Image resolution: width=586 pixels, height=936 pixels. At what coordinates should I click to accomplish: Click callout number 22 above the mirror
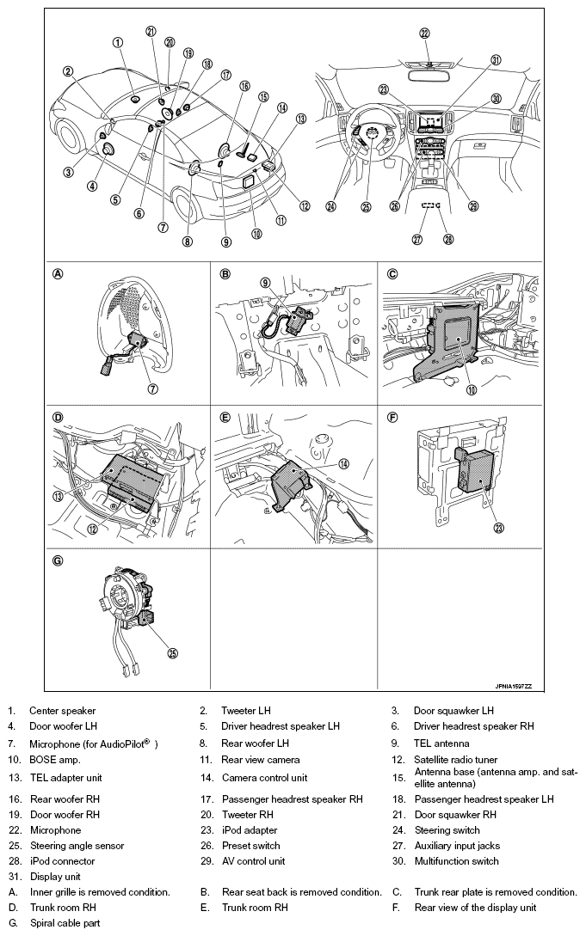point(424,34)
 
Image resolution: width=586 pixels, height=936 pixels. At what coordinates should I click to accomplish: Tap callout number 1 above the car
point(117,42)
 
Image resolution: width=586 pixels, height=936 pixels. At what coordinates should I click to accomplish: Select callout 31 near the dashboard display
point(496,60)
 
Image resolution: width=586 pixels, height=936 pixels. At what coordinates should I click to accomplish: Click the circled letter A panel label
point(59,275)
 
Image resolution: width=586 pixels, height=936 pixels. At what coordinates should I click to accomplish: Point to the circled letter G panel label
point(59,561)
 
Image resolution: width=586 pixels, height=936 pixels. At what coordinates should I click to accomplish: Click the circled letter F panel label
point(392,418)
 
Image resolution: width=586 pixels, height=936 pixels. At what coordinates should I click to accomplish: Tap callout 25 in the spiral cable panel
point(172,653)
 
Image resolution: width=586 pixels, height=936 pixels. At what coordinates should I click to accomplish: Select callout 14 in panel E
point(343,463)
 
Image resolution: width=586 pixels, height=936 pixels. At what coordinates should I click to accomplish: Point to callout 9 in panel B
point(266,282)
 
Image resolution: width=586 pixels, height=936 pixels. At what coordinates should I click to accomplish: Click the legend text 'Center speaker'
point(63,711)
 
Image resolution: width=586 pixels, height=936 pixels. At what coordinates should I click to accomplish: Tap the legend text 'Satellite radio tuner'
point(456,760)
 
